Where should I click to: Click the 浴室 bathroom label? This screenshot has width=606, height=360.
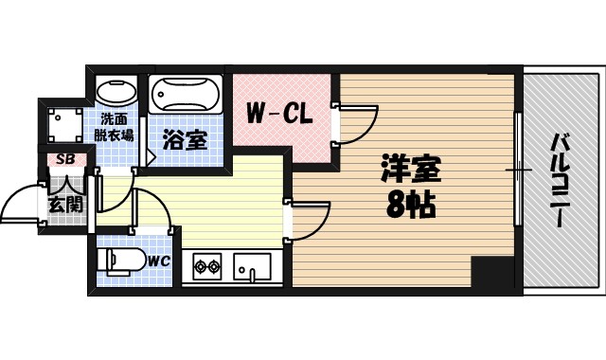point(185,140)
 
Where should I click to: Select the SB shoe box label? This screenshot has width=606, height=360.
point(66,159)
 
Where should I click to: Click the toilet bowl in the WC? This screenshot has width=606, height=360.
point(119,259)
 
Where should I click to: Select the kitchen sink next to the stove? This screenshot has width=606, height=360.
point(252,267)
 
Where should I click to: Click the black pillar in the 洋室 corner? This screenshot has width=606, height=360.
point(494,274)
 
